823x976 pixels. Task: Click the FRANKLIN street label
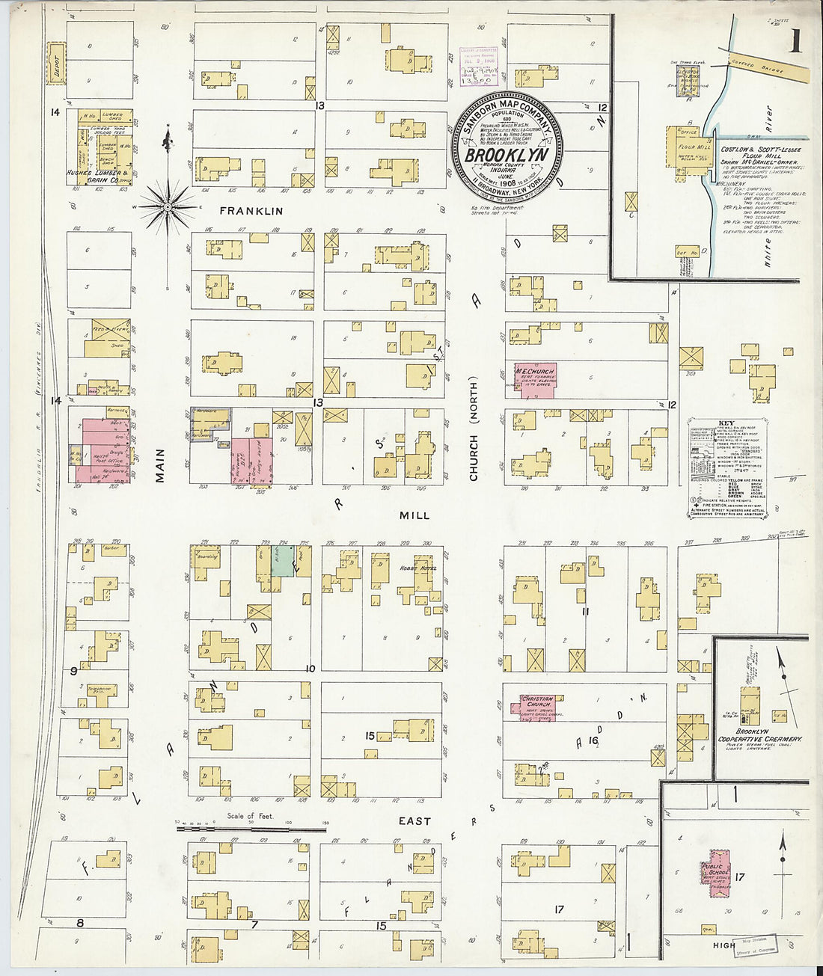point(243,211)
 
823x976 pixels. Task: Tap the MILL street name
point(414,515)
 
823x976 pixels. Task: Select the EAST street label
point(414,820)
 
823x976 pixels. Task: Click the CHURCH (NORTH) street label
point(474,438)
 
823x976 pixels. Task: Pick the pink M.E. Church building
point(534,380)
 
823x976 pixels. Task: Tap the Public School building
point(716,874)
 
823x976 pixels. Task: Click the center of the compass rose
point(168,206)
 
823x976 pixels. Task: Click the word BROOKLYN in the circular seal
point(507,156)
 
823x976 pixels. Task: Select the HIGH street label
point(723,945)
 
